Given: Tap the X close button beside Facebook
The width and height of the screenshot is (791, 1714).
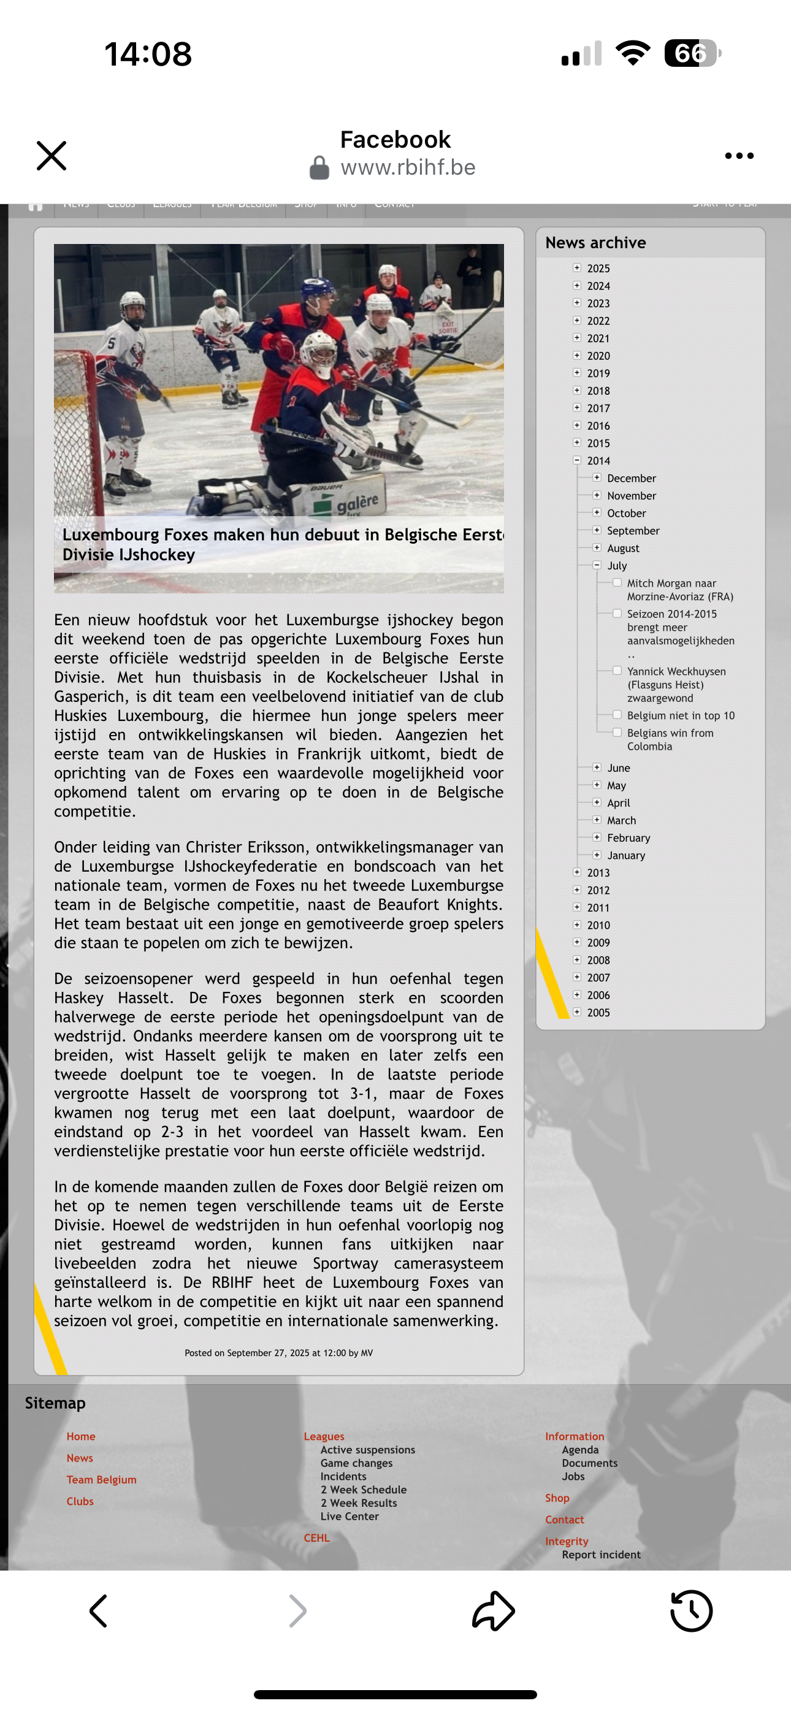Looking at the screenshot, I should (52, 156).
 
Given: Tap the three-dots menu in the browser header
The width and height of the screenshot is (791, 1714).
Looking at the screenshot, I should (739, 156).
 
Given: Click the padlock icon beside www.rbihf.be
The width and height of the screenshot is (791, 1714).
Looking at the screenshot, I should (319, 168).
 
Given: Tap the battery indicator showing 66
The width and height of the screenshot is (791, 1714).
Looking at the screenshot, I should (692, 53).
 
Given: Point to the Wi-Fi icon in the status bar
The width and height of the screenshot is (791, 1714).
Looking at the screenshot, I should (633, 53).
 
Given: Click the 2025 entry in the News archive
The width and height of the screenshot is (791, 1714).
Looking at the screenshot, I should (598, 268).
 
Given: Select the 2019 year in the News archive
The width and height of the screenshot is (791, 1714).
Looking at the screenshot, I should (598, 373).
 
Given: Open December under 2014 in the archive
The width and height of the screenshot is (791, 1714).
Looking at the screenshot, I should (631, 478).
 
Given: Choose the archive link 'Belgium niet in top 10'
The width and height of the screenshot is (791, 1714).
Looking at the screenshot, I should (681, 715).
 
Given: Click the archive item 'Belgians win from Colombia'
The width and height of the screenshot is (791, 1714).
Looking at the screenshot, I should (670, 739).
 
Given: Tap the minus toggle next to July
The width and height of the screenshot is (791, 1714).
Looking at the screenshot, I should (597, 565).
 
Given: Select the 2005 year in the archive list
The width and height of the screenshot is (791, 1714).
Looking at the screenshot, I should (598, 1013).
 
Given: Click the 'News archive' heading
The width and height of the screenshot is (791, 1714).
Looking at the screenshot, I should (595, 243).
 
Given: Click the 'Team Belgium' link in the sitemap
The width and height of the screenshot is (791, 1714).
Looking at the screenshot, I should (101, 1479).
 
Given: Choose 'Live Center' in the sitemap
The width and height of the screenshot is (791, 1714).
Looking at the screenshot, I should (350, 1516).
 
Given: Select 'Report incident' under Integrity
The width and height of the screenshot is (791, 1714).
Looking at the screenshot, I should (600, 1555).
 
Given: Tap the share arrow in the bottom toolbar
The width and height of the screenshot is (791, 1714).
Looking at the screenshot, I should (494, 1610).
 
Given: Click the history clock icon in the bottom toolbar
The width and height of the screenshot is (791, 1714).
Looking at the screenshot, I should (690, 1610).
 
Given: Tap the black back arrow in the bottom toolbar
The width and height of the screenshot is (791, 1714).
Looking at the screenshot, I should (99, 1610).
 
